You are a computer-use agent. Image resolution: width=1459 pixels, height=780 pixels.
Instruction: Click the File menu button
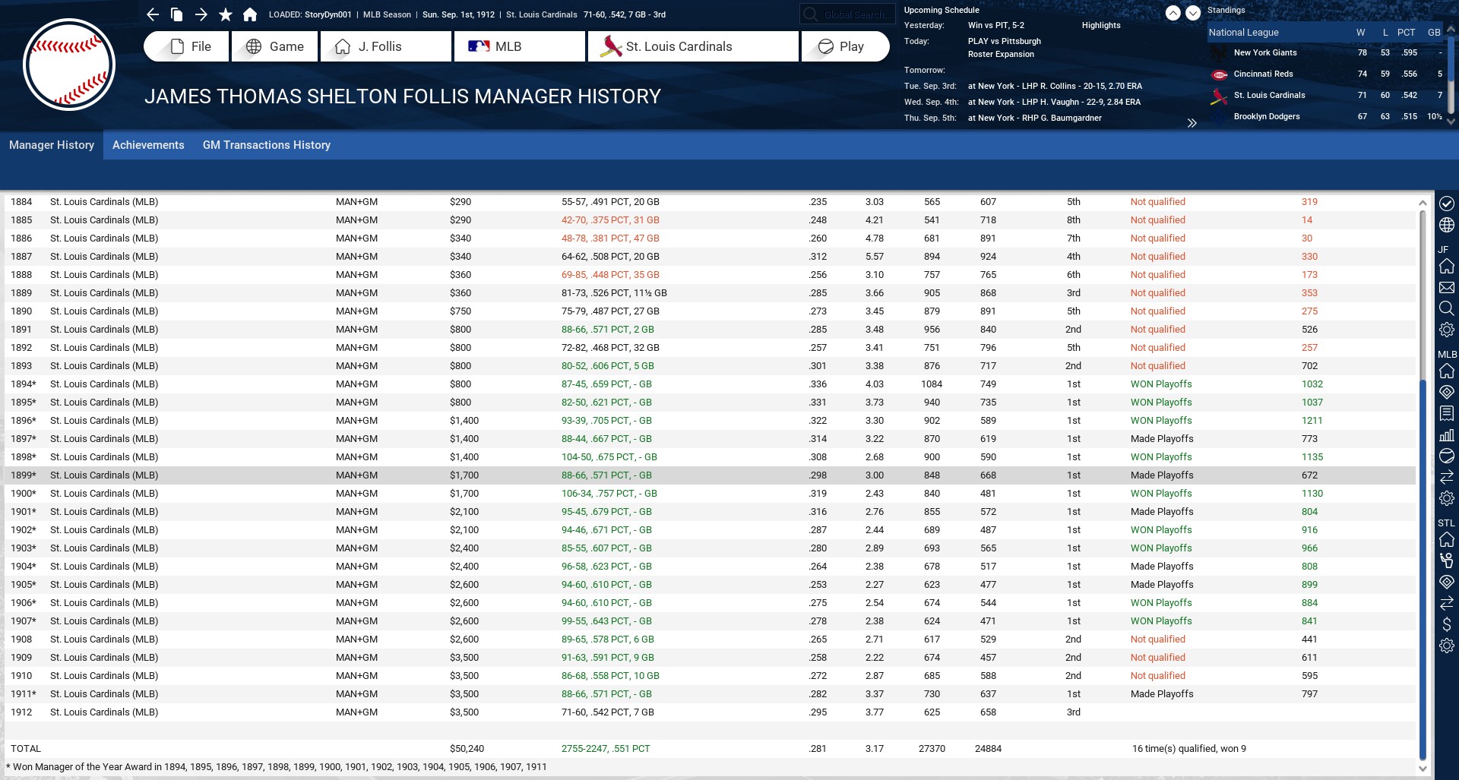(x=186, y=46)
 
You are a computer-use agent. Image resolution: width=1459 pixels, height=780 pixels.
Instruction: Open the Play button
(x=844, y=46)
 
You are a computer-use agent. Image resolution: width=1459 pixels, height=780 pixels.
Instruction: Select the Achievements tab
(x=148, y=145)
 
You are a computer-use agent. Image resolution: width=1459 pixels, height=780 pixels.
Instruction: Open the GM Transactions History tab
(x=266, y=145)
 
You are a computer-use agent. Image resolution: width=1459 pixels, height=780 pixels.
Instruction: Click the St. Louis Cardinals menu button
(x=692, y=46)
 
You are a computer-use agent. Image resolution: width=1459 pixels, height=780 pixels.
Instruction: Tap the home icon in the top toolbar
(x=250, y=14)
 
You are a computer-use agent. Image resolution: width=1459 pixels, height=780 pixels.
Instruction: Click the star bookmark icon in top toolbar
(x=226, y=14)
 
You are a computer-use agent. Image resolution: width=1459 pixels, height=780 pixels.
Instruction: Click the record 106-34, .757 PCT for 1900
(x=609, y=494)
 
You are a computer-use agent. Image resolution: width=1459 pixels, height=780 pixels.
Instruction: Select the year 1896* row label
(x=24, y=421)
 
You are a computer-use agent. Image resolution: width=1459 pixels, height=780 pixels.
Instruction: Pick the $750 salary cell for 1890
(x=460, y=311)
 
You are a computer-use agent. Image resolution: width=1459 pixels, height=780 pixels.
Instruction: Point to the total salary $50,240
(x=467, y=749)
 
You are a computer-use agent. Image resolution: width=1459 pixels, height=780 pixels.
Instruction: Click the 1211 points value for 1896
(x=1312, y=421)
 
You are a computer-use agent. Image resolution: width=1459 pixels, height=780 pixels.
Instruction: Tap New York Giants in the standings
(x=1264, y=52)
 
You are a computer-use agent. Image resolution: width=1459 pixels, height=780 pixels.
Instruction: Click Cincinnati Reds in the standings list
(x=1263, y=74)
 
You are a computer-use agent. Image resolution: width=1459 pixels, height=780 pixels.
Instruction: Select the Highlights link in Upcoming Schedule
(x=1100, y=25)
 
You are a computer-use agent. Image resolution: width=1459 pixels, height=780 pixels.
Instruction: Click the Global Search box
(x=847, y=14)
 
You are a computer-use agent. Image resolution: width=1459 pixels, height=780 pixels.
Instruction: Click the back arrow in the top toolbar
(x=153, y=14)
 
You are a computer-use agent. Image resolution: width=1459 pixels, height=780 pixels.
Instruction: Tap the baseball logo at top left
(x=69, y=65)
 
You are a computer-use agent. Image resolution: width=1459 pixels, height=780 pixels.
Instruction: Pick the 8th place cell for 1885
(x=1073, y=220)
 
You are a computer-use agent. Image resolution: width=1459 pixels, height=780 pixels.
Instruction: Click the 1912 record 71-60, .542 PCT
(x=607, y=712)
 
